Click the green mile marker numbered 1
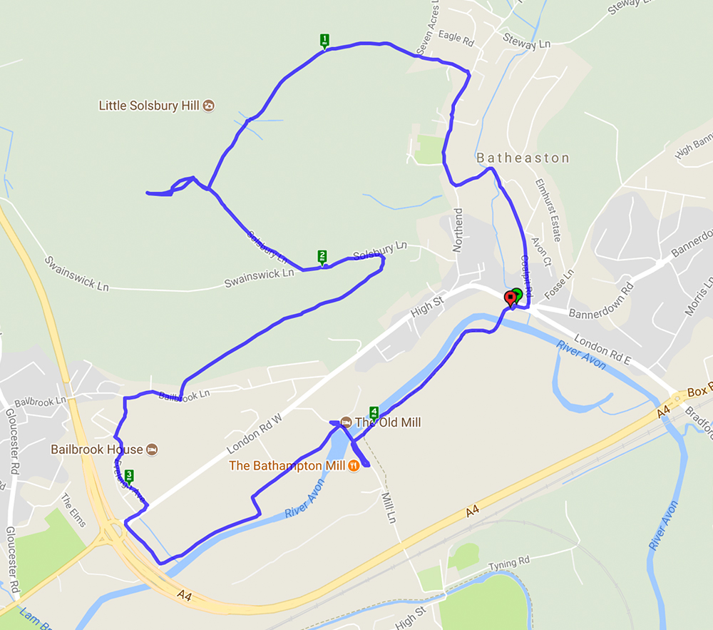click(x=324, y=41)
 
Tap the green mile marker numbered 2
click(x=322, y=257)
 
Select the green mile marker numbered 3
click(x=129, y=476)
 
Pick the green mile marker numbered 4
click(x=374, y=412)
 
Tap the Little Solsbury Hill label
click(x=148, y=106)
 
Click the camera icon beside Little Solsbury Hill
click(x=208, y=106)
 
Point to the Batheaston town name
click(x=523, y=158)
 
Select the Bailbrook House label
click(x=96, y=449)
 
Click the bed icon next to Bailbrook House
click(x=151, y=449)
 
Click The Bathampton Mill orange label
click(x=287, y=466)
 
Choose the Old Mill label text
click(x=389, y=422)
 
